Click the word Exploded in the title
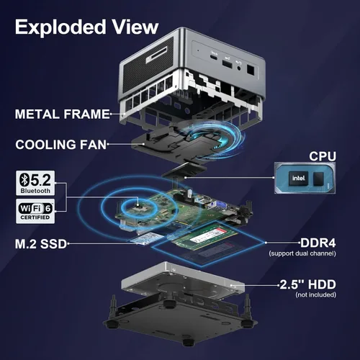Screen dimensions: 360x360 (60, 28)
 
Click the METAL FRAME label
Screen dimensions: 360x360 (62, 114)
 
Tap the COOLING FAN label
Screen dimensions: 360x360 (60, 145)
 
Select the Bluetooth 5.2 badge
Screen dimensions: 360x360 (35, 183)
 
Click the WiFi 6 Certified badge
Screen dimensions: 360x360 (35, 211)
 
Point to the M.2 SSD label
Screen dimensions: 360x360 (40, 244)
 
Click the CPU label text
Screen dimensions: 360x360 (323, 156)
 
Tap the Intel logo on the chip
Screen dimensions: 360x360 (298, 178)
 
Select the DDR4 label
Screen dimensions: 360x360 (318, 243)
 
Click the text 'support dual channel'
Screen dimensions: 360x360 (302, 253)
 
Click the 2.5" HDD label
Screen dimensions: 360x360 (308, 284)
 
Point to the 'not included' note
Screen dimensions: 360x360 (315, 294)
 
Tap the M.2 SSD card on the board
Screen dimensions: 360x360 (147, 239)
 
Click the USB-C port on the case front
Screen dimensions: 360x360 (214, 57)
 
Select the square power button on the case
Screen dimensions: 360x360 (251, 70)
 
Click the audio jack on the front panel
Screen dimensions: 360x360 (239, 68)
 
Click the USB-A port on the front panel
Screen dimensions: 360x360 (227, 64)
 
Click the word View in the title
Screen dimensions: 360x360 (135, 27)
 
